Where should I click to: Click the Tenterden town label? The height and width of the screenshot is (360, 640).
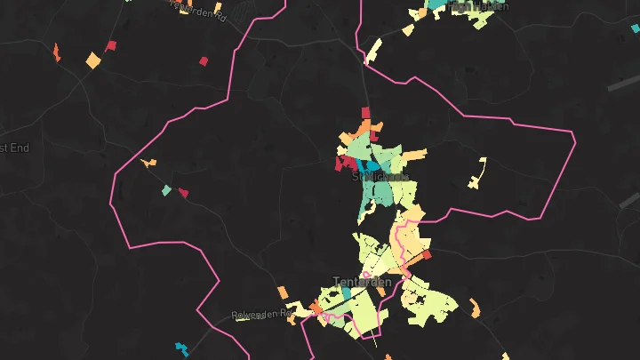pyautogui.click(x=362, y=283)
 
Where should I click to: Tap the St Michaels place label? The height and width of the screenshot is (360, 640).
pyautogui.click(x=380, y=177)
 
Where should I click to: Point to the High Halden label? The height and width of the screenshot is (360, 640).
pyautogui.click(x=479, y=6)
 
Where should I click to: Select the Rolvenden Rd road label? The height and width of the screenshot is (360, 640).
pyautogui.click(x=261, y=315)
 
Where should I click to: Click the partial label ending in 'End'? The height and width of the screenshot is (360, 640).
pyautogui.click(x=14, y=148)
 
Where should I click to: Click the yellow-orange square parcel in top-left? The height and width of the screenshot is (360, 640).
pyautogui.click(x=93, y=60)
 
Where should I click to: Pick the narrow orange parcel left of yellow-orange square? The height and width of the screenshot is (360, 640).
pyautogui.click(x=56, y=52)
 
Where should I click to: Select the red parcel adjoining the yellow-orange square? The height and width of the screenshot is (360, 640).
pyautogui.click(x=111, y=46)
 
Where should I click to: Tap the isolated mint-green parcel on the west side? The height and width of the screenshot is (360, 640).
pyautogui.click(x=166, y=190)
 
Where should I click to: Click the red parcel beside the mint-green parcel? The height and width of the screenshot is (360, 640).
pyautogui.click(x=183, y=193)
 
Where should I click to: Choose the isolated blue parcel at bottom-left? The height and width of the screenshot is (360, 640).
pyautogui.click(x=182, y=348)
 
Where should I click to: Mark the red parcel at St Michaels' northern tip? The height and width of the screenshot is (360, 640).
pyautogui.click(x=364, y=112)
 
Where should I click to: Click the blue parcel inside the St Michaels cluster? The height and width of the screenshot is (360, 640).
pyautogui.click(x=365, y=166)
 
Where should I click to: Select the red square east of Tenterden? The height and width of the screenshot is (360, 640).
pyautogui.click(x=427, y=255)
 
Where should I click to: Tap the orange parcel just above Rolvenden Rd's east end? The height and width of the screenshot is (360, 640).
pyautogui.click(x=283, y=292)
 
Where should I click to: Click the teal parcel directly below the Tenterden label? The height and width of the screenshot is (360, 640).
pyautogui.click(x=346, y=292)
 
